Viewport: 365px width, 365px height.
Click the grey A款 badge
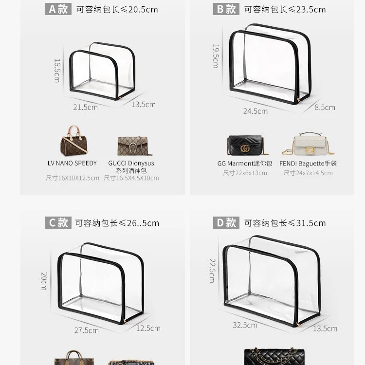(x=58, y=9)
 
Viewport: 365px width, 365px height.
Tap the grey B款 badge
(x=226, y=9)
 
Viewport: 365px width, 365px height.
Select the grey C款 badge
(x=58, y=222)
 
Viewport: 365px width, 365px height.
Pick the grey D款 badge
(x=226, y=222)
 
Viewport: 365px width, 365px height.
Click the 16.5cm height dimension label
(x=57, y=71)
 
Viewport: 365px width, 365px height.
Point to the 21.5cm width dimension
(x=86, y=108)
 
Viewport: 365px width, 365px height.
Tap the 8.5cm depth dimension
(x=325, y=108)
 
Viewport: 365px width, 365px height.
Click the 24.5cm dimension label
(x=255, y=111)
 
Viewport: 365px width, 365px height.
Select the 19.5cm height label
(x=216, y=56)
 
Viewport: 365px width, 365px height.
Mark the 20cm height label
(x=44, y=281)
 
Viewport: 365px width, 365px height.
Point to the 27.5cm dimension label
(x=86, y=330)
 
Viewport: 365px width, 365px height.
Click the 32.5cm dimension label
(x=245, y=325)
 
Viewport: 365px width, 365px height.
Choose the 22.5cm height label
(x=213, y=271)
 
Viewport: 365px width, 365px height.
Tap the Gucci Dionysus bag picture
(x=134, y=146)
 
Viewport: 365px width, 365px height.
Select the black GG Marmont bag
(x=247, y=145)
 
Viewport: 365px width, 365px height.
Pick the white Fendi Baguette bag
(x=308, y=144)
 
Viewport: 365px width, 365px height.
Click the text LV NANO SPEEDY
(x=72, y=163)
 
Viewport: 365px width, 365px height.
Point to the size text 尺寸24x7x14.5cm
(x=308, y=173)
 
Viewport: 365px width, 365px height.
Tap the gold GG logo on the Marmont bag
(x=245, y=148)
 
